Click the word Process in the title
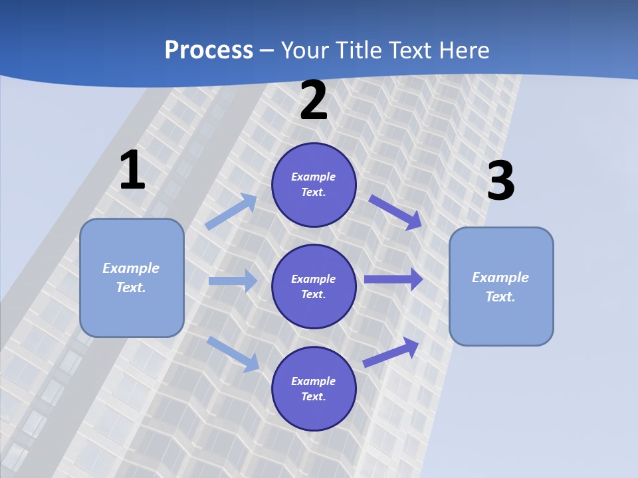pyautogui.click(x=209, y=50)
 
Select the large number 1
pyautogui.click(x=132, y=170)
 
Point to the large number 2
pyautogui.click(x=314, y=100)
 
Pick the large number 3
pyautogui.click(x=501, y=181)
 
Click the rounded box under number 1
pyautogui.click(x=132, y=278)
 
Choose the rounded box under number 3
pyautogui.click(x=501, y=287)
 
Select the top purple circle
pyautogui.click(x=314, y=185)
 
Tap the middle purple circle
pyautogui.click(x=314, y=286)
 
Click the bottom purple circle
pyautogui.click(x=314, y=388)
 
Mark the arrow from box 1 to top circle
pyautogui.click(x=231, y=212)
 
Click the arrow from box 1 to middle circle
pyautogui.click(x=233, y=281)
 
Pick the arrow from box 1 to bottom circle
pyautogui.click(x=233, y=353)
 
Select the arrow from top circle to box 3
pyautogui.click(x=395, y=212)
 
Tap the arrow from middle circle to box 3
pyautogui.click(x=393, y=279)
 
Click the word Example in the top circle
pyautogui.click(x=314, y=177)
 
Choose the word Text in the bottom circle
pyautogui.click(x=312, y=396)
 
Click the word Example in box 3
pyautogui.click(x=500, y=278)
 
